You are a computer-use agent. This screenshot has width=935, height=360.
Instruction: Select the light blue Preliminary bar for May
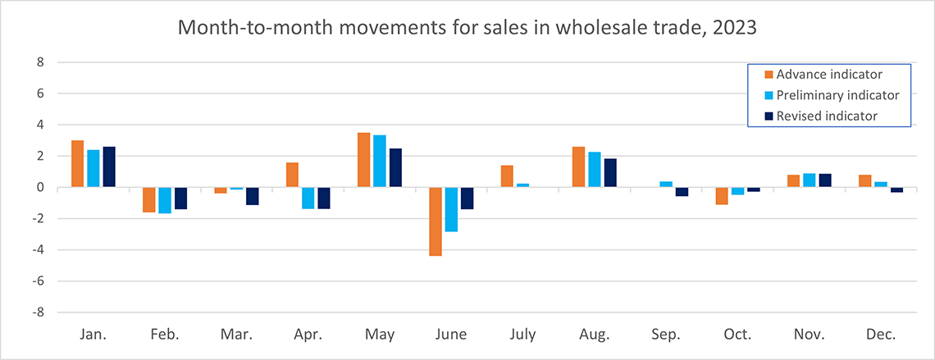click(x=380, y=162)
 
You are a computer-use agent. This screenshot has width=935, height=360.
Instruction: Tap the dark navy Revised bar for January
click(x=109, y=167)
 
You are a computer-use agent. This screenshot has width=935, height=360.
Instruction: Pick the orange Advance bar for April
click(x=292, y=175)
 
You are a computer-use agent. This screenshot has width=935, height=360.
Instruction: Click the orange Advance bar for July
click(x=506, y=176)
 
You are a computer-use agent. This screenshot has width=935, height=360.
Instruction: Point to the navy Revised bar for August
click(x=609, y=173)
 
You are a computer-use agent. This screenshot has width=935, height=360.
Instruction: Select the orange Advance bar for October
click(x=721, y=195)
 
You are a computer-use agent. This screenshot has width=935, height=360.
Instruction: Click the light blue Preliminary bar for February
click(x=165, y=200)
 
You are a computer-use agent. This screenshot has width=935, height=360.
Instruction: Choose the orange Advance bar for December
click(x=864, y=181)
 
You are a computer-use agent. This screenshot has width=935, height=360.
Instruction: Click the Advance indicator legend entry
click(x=823, y=75)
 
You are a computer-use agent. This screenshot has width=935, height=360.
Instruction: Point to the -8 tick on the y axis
click(x=37, y=312)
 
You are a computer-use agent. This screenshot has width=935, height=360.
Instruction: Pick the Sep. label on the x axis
click(x=666, y=335)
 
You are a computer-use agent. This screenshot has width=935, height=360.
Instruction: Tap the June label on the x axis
click(x=451, y=335)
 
